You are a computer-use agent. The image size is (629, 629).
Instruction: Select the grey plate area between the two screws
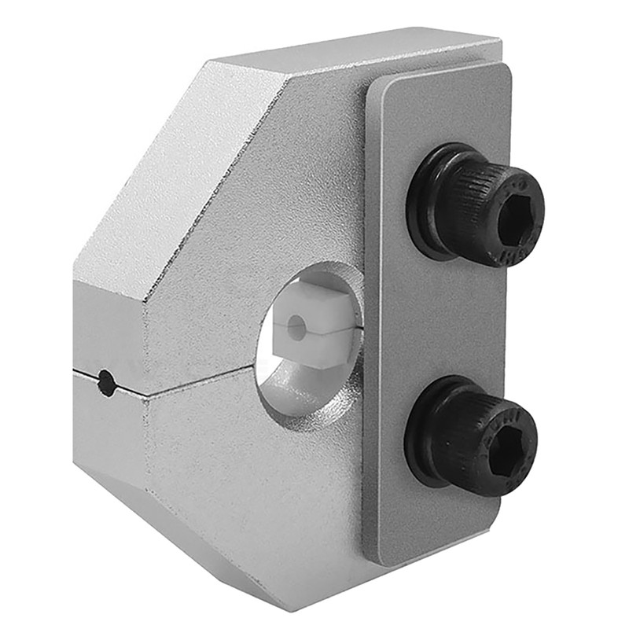click(440, 322)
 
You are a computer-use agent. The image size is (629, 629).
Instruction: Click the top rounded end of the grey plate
click(440, 86)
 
